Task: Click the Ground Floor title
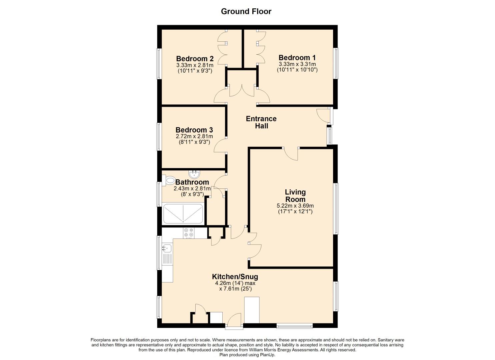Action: coord(246,11)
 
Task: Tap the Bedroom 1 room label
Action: coord(297,58)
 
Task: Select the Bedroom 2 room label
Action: coord(195,59)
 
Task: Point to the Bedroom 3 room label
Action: coord(194,130)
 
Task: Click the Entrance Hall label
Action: coord(261,122)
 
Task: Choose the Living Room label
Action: coord(295,196)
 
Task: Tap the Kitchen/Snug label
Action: coord(235,277)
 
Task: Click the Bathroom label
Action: coord(192,182)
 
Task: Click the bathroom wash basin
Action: coord(194,174)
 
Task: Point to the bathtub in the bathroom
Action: coord(183,214)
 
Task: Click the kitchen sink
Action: coord(167,248)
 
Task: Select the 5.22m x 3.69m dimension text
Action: coord(295,206)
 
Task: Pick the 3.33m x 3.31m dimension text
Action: coord(297,64)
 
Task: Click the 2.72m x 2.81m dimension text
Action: coord(194,136)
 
